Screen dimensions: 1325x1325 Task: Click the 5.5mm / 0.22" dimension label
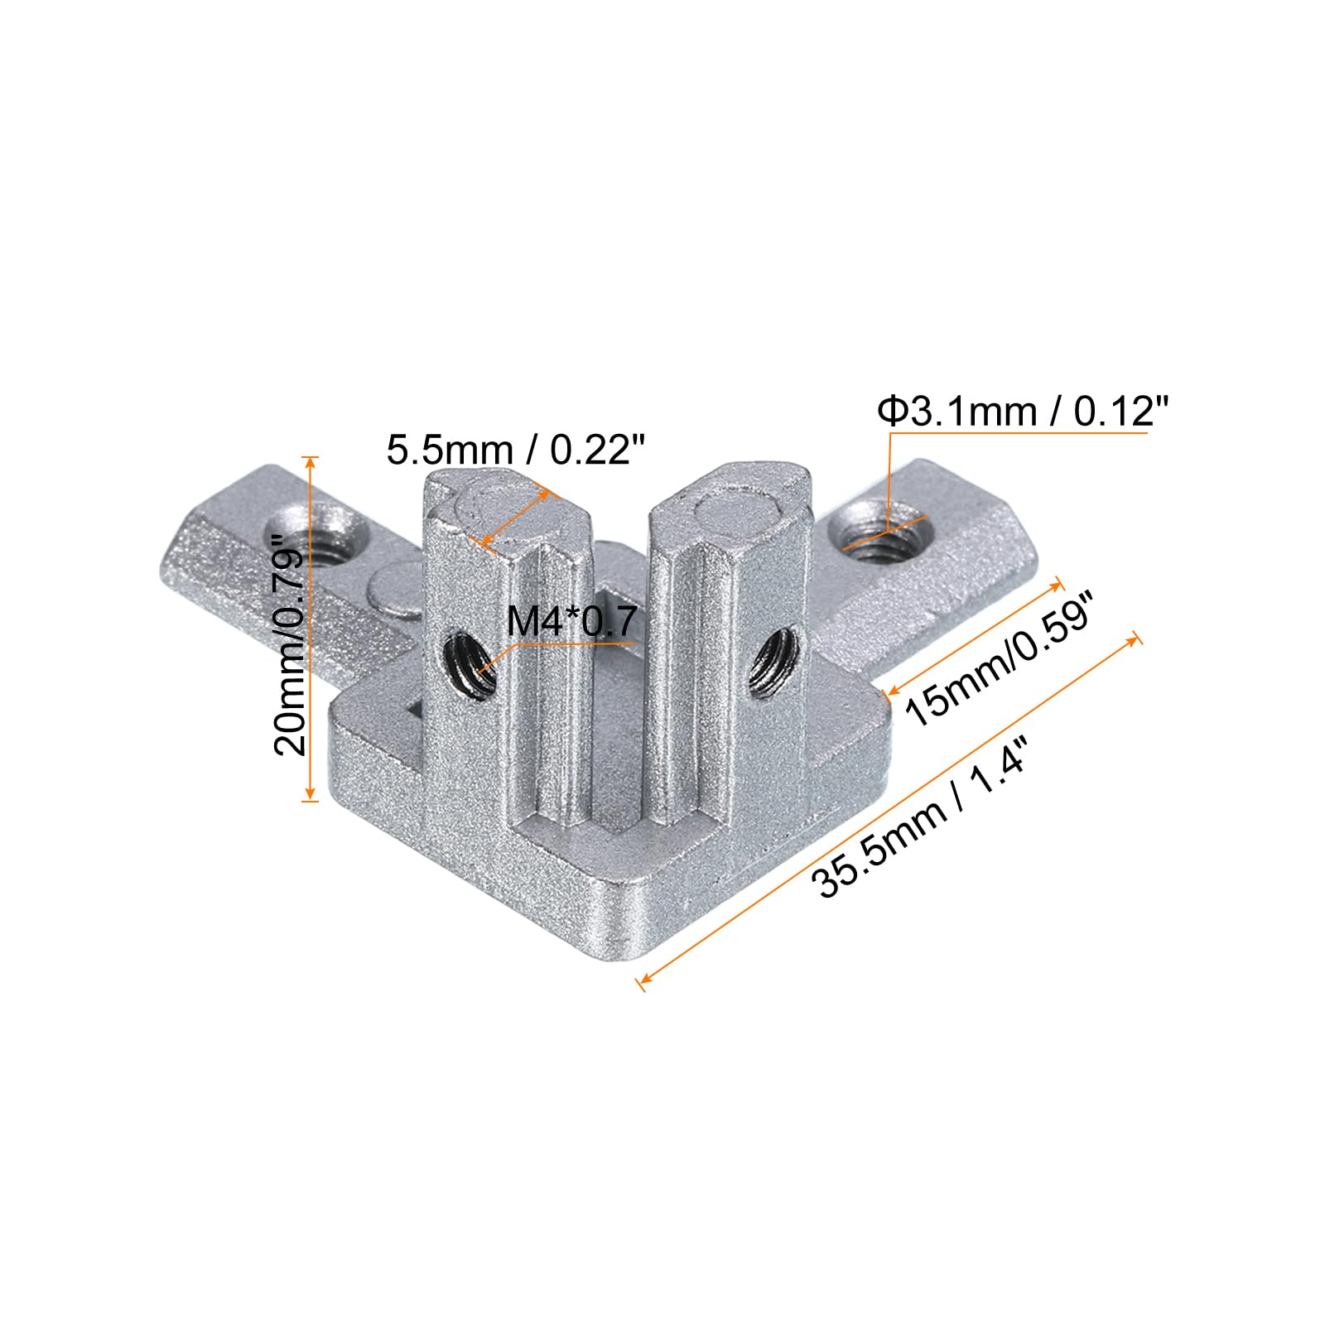tap(514, 451)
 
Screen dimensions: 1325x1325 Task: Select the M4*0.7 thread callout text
tap(571, 622)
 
